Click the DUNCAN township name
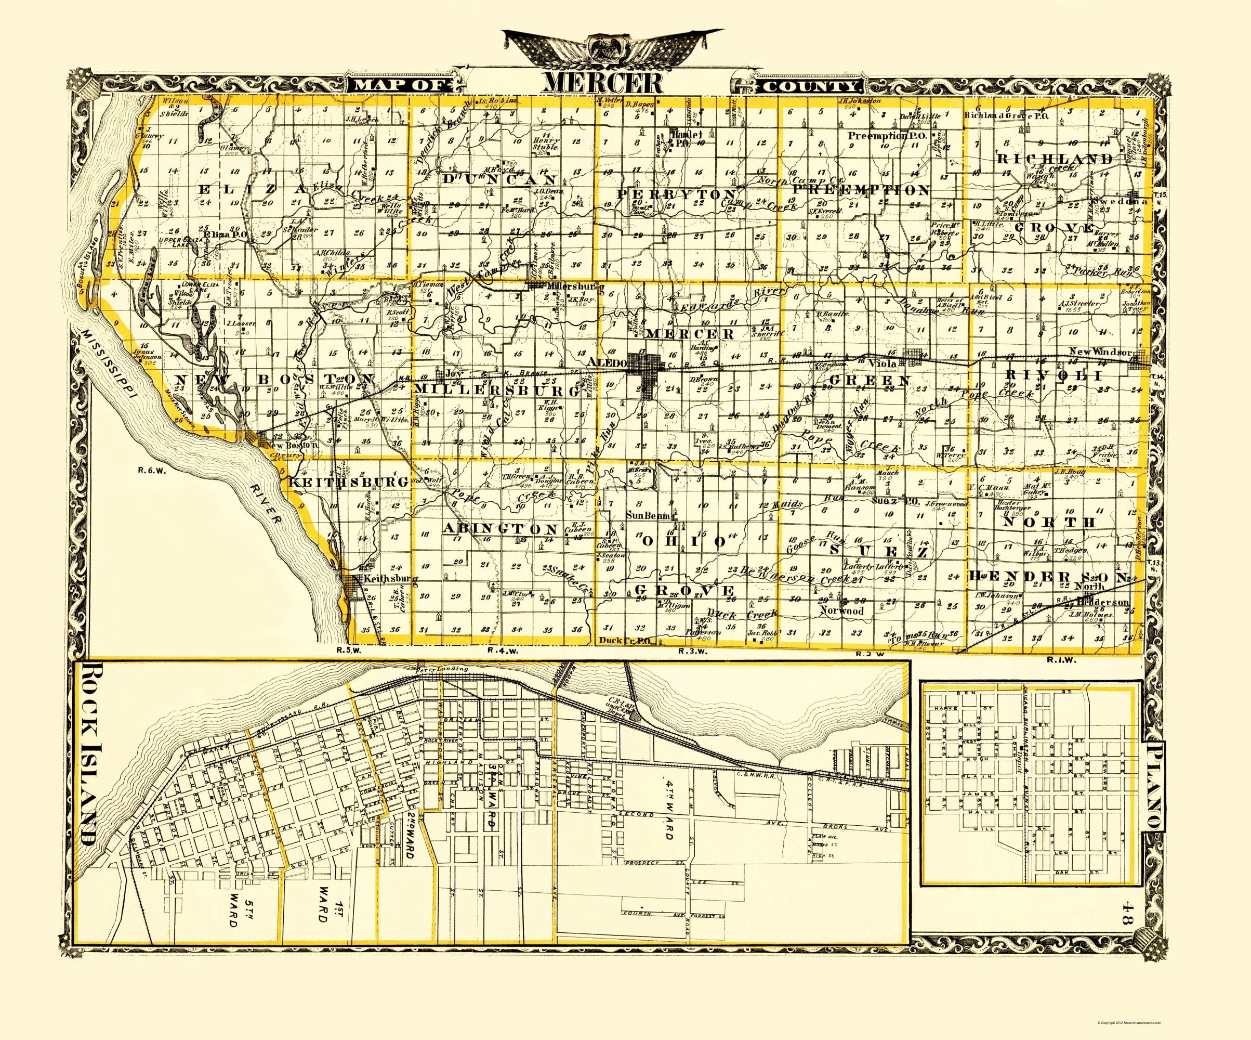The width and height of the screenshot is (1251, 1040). pos(499,179)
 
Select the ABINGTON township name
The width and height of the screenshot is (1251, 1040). pos(499,529)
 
